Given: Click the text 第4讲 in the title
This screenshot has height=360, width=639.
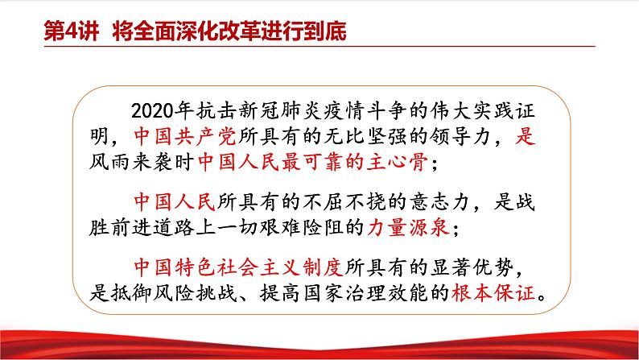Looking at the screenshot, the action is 72,31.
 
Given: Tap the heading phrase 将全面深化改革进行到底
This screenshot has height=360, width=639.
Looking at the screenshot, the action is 229,31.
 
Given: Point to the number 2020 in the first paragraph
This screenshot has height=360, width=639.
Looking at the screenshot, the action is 154,111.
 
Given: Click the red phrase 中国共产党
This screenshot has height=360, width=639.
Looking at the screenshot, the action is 185,136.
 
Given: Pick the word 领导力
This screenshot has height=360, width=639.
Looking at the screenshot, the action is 460,136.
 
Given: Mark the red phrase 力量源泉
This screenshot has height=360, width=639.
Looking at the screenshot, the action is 408,227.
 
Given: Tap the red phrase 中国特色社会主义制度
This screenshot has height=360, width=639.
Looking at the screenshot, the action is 238,267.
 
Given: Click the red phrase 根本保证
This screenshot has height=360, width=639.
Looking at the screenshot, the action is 493,292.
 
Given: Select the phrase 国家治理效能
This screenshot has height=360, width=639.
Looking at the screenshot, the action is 365,292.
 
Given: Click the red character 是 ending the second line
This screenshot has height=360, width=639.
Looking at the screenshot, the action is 525,136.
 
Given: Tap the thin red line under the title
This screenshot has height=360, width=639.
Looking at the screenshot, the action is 319,47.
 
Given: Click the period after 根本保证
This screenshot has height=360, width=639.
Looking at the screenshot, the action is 542,298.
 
